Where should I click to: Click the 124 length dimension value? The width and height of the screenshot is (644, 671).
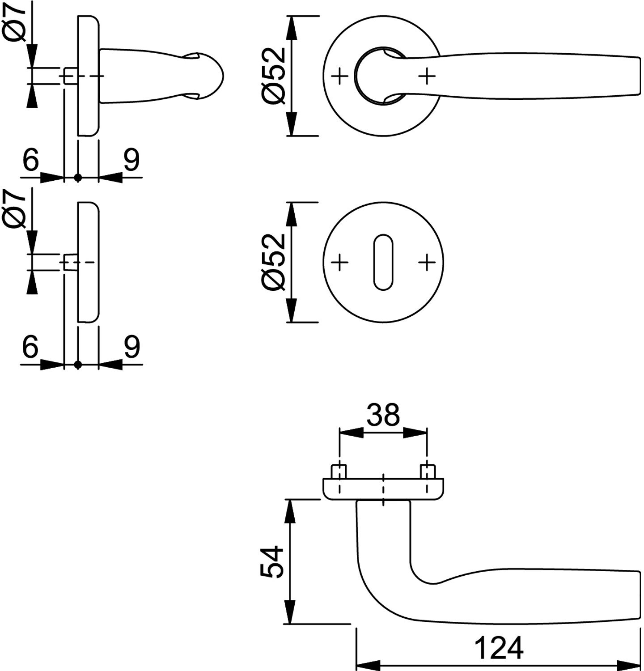pyautogui.click(x=498, y=648)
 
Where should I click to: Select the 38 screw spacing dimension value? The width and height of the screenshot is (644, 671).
pyautogui.click(x=383, y=415)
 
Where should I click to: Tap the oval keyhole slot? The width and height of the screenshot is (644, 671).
pyautogui.click(x=383, y=262)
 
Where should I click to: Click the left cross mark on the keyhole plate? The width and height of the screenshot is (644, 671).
pyautogui.click(x=340, y=262)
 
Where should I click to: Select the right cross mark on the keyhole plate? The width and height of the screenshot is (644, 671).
pyautogui.click(x=427, y=262)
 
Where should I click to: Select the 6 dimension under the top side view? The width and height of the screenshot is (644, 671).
pyautogui.click(x=30, y=160)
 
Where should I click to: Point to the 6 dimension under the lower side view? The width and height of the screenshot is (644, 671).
pyautogui.click(x=30, y=346)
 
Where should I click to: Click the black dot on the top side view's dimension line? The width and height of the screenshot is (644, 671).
pyautogui.click(x=78, y=178)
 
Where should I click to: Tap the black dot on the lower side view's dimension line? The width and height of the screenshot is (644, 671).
pyautogui.click(x=78, y=365)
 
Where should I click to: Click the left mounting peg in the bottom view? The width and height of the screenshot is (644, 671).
pyautogui.click(x=339, y=471)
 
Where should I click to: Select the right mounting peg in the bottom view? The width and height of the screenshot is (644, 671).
pyautogui.click(x=428, y=471)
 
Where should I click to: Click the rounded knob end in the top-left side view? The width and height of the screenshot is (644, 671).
pyautogui.click(x=210, y=76)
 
